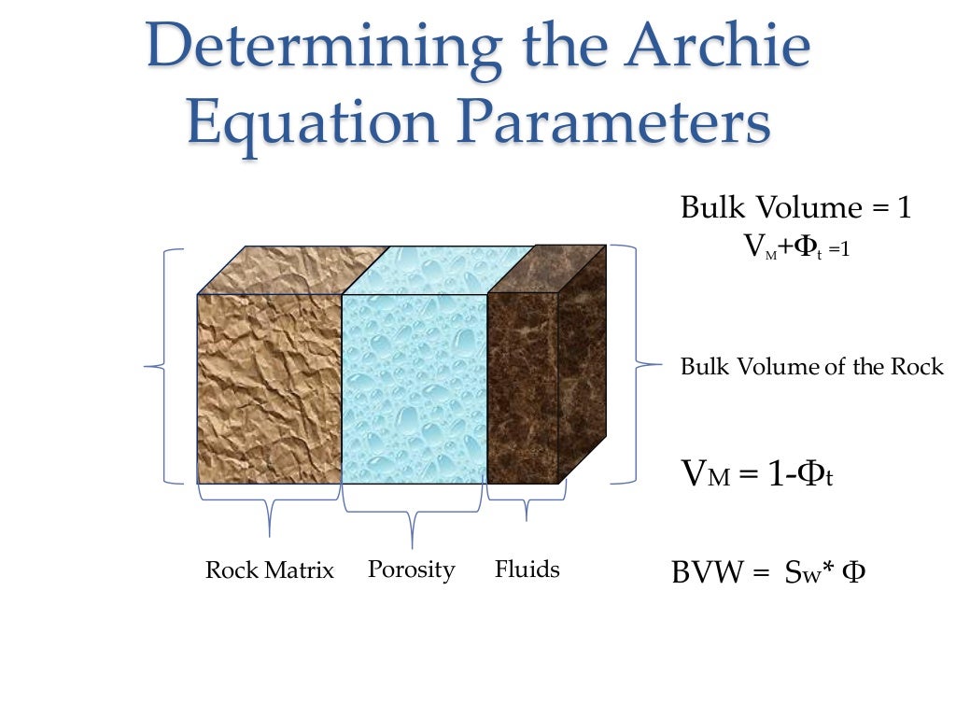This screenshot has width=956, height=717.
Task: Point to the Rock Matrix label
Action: pos(269,570)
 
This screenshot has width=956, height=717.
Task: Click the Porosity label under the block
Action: pos(411,569)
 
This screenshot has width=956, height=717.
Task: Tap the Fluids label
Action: pos(527,569)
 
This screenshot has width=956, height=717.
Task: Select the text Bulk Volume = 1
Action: pos(795,207)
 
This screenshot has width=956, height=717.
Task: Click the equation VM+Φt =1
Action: pos(795,248)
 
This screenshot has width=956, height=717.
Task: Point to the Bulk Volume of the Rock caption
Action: pos(812,367)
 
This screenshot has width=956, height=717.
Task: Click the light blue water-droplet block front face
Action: pos(415,388)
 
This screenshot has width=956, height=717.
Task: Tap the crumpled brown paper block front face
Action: pos(269,388)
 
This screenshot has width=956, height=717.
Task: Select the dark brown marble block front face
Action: pos(522,388)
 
